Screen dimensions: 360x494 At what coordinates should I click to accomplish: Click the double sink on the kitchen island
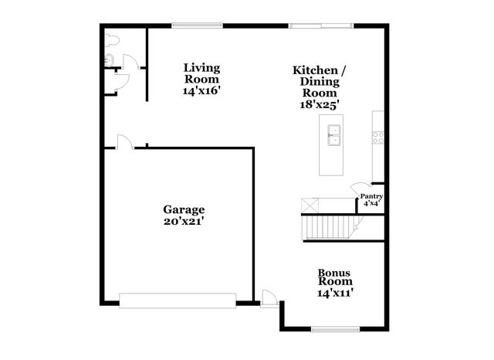pos(333,140)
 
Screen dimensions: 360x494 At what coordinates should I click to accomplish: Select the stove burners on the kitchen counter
pos(378,138)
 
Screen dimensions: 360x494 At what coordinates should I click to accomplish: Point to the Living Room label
pos(201,73)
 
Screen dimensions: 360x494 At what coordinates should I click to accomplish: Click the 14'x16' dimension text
pos(201,90)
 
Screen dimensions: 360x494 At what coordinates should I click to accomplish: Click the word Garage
pos(184,209)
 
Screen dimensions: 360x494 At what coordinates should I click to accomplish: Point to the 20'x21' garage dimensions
pos(184,221)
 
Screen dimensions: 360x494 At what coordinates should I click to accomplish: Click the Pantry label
pos(371,197)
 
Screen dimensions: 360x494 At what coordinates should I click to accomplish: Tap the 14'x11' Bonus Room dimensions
pos(336,294)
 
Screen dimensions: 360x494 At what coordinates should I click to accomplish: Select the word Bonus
pos(336,273)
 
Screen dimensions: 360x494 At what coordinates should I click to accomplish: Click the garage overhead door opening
pos(178,299)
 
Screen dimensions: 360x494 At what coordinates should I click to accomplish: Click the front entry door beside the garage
pos(269,297)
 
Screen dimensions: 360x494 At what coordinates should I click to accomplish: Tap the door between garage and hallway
pos(125,141)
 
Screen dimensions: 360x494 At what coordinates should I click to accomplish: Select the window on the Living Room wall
pos(198,25)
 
